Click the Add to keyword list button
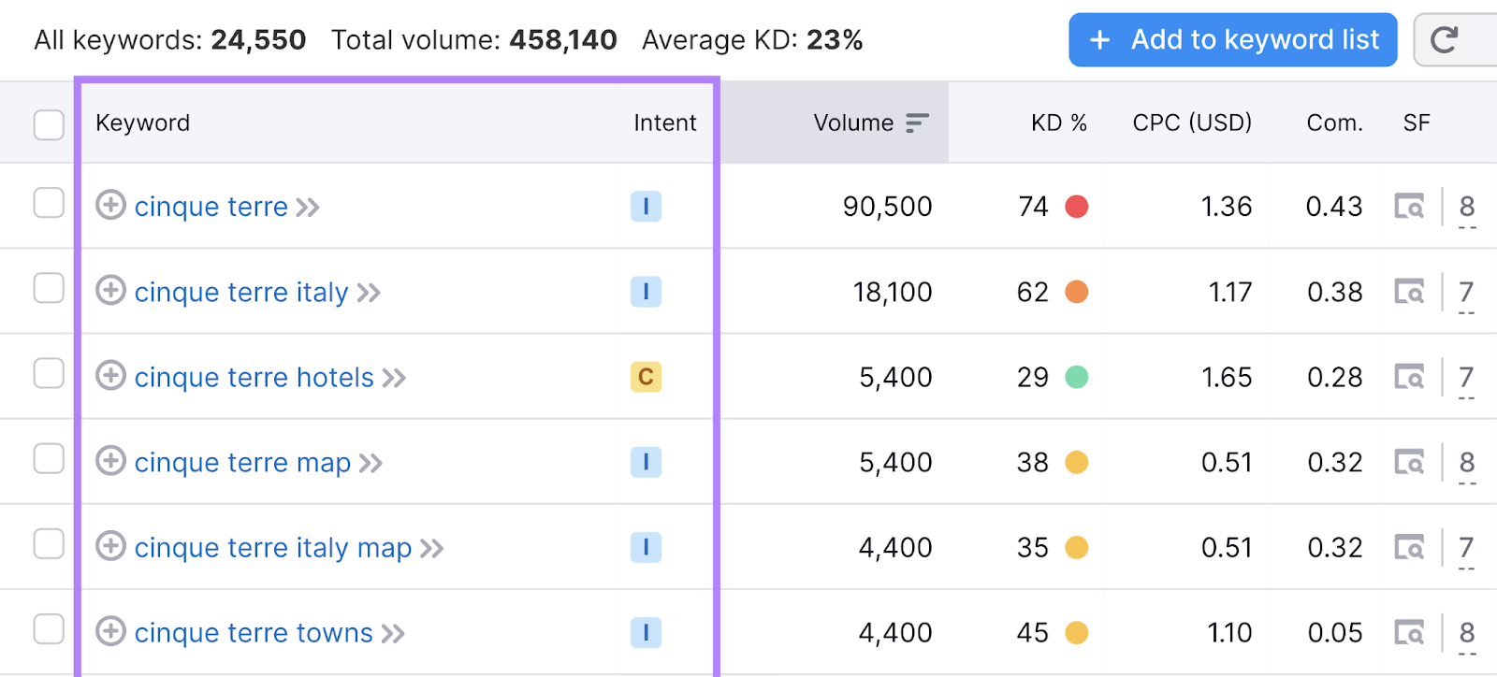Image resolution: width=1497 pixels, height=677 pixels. point(1232,40)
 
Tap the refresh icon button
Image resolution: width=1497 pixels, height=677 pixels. point(1446,40)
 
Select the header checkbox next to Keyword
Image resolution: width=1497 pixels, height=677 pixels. point(49,124)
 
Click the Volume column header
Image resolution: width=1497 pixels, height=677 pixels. point(853,122)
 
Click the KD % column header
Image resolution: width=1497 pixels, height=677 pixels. point(1058,122)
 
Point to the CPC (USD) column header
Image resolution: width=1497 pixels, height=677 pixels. point(1191,122)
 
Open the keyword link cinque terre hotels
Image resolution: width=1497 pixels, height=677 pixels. point(254,378)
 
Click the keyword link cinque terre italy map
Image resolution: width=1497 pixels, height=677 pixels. point(272,548)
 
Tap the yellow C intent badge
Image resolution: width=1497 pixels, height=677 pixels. point(646,377)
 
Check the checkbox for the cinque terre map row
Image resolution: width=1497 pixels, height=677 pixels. point(49,459)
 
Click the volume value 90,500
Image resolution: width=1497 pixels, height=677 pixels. point(887,207)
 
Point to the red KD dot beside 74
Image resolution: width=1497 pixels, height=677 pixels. point(1077,207)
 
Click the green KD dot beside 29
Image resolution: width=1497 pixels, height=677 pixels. point(1077,377)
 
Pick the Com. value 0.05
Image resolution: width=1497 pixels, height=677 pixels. point(1334,633)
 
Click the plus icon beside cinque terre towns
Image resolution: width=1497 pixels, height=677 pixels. point(110,631)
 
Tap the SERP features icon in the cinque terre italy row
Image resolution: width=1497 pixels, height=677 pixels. point(1409,292)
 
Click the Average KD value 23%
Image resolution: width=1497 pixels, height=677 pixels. point(835,40)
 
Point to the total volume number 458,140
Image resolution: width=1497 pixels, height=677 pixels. point(563,40)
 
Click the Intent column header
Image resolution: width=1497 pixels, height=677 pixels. point(664,122)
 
